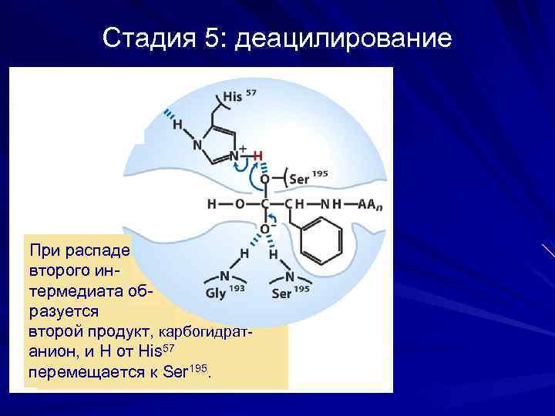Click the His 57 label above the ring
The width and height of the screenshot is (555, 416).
(x=240, y=97)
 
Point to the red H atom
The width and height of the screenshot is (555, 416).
(x=258, y=156)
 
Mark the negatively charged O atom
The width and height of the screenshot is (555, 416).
(x=264, y=229)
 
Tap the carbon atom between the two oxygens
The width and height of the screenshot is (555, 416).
(x=264, y=205)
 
